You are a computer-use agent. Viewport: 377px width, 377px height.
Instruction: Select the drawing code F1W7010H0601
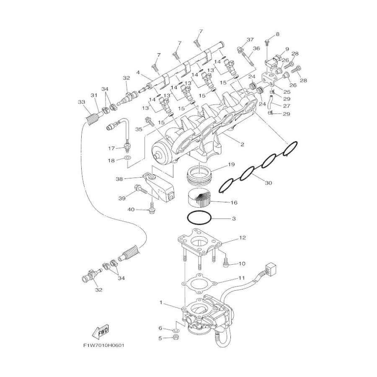(x=104, y=346)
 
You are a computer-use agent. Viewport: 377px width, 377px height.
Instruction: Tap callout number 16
(x=234, y=203)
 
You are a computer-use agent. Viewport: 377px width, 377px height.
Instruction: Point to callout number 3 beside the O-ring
(x=234, y=219)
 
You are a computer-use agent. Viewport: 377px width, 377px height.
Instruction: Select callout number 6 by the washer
(x=160, y=328)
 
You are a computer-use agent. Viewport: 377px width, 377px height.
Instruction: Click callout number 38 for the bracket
(x=119, y=179)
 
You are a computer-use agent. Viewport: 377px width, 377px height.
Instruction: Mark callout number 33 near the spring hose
(x=81, y=102)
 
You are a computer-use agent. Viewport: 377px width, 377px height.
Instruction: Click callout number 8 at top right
(x=277, y=34)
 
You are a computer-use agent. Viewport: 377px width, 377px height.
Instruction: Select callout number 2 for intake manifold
(x=242, y=145)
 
